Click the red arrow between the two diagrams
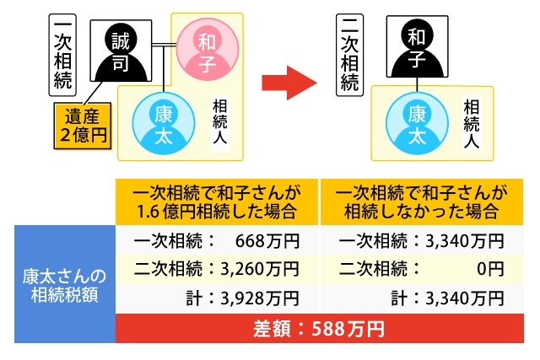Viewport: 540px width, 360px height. coord(289,83)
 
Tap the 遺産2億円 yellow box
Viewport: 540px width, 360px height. coord(83,126)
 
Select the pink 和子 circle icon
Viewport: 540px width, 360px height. coord(208,50)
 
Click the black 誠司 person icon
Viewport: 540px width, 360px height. coord(121,51)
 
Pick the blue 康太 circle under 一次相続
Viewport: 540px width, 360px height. coord(164,123)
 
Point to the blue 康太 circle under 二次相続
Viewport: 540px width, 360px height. coord(417,123)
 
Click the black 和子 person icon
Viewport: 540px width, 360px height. coord(417,46)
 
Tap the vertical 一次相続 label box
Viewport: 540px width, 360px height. coord(62,55)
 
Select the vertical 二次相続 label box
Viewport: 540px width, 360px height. coord(349,55)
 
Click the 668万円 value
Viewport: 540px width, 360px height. coord(267,241)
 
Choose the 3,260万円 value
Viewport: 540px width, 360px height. coord(260,269)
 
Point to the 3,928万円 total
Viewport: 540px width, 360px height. coord(260,298)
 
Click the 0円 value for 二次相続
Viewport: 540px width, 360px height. coord(490,269)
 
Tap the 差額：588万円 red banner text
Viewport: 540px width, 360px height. coord(319,329)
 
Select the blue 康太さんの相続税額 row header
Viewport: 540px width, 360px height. coord(65,284)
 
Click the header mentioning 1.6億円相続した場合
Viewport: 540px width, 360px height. coord(217,201)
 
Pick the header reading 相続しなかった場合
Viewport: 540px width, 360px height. coord(422,201)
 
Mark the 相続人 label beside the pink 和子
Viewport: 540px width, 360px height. coord(219,123)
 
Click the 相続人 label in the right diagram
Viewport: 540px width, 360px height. coord(472,123)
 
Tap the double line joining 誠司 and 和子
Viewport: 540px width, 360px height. coord(165,45)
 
